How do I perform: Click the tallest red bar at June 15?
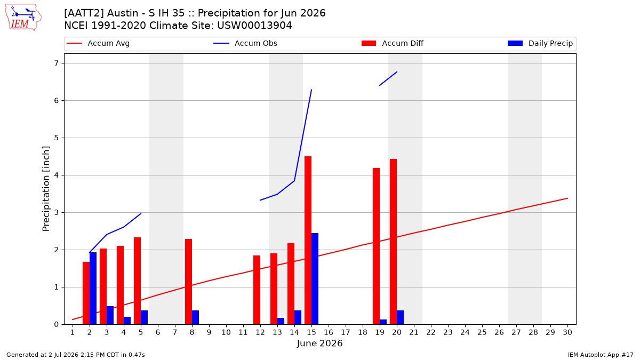pos(308,241)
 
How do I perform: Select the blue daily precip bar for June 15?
pos(315,279)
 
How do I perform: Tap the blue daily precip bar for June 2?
pos(93,289)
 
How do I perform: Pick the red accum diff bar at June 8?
pos(188,282)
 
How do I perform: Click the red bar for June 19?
pos(376,246)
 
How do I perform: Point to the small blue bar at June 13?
pos(281,321)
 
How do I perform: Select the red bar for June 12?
pos(257,290)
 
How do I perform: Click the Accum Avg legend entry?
pos(98,43)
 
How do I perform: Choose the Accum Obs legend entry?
pos(245,43)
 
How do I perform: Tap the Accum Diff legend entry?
pos(393,43)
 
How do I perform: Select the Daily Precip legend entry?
pos(540,43)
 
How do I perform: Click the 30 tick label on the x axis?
pos(567,332)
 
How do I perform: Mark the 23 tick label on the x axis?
pos(448,332)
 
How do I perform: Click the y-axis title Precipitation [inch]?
pos(46,189)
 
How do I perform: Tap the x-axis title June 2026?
pos(319,343)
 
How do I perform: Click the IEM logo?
pos(23,18)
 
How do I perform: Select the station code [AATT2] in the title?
pos(79,13)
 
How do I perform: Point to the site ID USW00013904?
pos(254,26)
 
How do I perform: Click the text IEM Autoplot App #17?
pos(601,355)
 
